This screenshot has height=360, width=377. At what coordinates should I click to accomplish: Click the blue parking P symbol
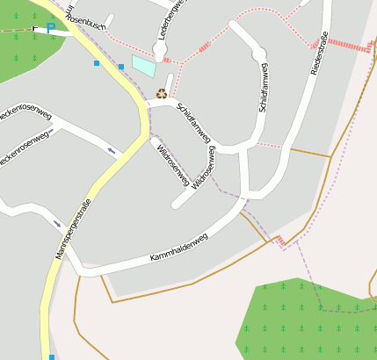tap(50, 29)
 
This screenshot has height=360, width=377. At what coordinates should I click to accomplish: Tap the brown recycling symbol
tap(162, 92)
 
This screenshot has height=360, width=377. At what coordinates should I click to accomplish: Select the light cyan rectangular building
tap(143, 65)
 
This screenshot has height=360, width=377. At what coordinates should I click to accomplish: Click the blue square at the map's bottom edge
tap(52, 356)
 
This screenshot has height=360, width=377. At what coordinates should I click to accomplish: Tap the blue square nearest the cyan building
tap(120, 67)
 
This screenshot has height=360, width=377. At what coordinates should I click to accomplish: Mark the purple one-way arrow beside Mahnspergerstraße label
tap(57, 222)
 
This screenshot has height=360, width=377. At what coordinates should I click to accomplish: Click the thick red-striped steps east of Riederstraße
tap(356, 46)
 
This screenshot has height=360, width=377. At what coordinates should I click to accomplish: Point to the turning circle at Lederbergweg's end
tap(159, 54)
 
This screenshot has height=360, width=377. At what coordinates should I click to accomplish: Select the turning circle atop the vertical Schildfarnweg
tap(258, 55)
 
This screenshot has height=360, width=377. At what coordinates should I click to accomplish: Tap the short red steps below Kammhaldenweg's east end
tap(279, 240)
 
